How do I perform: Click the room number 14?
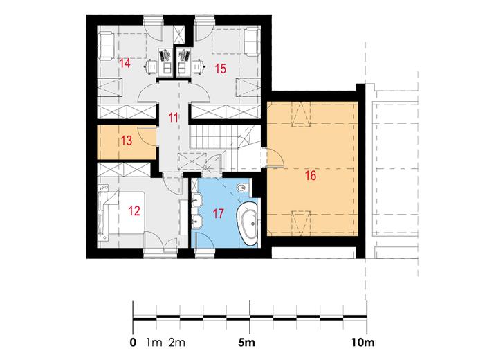pyautogui.click(x=125, y=63)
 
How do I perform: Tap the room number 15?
pyautogui.click(x=221, y=69)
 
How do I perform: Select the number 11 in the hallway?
pyautogui.click(x=173, y=118)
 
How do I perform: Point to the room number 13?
pyautogui.click(x=127, y=141)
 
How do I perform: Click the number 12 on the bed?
pyautogui.click(x=134, y=211)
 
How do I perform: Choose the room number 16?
pyautogui.click(x=311, y=175)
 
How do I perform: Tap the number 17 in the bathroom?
pyautogui.click(x=219, y=214)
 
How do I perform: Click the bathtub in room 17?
pyautogui.click(x=248, y=223)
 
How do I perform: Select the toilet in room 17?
pyautogui.click(x=243, y=188)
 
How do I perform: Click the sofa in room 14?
pyautogui.click(x=107, y=44)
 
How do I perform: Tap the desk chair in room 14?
pyautogui.click(x=151, y=66)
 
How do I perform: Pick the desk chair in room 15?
pyautogui.click(x=198, y=66)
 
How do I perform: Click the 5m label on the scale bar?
pyautogui.click(x=246, y=343)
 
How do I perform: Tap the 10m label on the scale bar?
pyautogui.click(x=362, y=343)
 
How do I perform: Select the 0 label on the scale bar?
pyautogui.click(x=134, y=343)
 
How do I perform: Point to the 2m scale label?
pyautogui.click(x=176, y=343)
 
